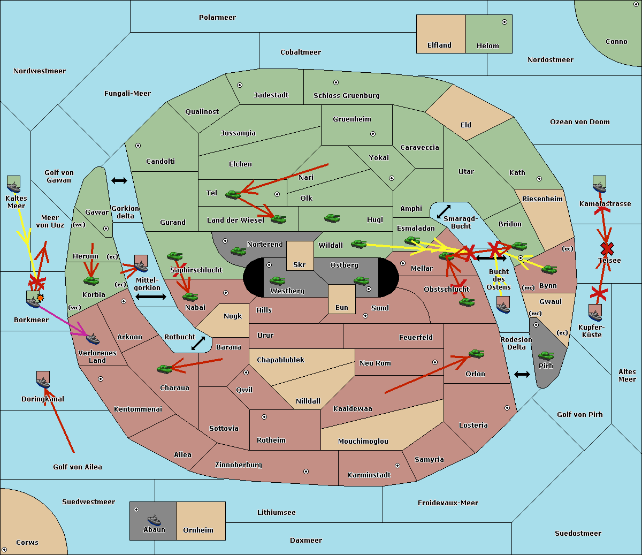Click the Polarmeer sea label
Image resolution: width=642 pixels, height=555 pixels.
click(217, 18)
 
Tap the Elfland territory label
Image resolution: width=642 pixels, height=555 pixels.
click(439, 45)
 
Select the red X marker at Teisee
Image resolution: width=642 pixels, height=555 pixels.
click(607, 248)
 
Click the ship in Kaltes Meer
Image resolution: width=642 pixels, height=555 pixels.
click(13, 185)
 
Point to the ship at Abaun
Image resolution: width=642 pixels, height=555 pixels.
click(154, 520)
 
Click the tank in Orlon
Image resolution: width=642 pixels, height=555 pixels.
click(476, 354)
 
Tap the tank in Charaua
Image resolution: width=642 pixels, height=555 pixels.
click(164, 368)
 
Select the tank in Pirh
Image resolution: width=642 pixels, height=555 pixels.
click(546, 356)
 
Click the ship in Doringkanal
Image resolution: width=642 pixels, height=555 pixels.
click(43, 381)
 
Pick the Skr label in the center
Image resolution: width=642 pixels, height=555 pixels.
click(300, 265)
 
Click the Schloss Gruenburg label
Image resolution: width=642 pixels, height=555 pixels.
click(346, 96)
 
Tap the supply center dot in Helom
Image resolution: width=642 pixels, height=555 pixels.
click(504, 22)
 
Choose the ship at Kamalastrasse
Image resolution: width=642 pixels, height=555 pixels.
click(599, 185)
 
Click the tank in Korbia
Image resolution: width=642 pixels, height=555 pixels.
click(91, 280)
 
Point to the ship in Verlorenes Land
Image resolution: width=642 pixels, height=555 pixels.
click(93, 339)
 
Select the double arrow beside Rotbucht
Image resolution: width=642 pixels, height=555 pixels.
click(198, 343)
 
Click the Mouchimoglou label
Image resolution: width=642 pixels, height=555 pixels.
click(363, 442)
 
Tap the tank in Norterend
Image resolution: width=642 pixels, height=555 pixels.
click(238, 251)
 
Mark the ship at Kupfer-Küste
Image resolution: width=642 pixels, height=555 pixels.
click(595, 313)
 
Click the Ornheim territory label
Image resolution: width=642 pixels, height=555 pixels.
click(198, 530)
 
